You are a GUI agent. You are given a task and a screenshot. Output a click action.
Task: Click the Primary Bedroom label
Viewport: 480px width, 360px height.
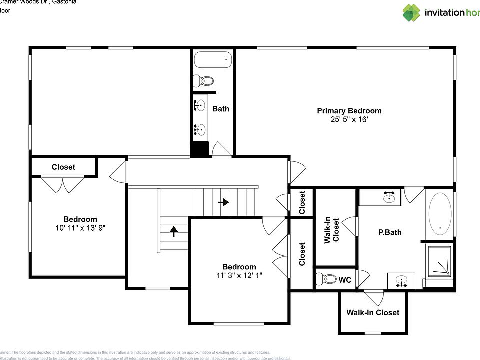click(349, 111)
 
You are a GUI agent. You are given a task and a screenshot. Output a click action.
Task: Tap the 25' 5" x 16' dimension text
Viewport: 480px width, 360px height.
click(349, 120)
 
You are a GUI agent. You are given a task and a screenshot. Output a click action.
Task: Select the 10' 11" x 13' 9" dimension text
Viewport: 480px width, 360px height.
click(80, 228)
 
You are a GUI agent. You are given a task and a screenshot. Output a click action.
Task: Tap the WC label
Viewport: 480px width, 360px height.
click(345, 280)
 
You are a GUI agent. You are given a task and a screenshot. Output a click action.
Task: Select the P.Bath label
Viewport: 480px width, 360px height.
click(389, 232)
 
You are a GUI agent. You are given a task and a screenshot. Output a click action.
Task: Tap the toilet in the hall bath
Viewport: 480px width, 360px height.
click(204, 80)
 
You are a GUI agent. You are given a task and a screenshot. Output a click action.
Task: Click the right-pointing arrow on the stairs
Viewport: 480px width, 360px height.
click(223, 202)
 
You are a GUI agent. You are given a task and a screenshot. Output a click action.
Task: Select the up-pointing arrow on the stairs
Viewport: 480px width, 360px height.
click(173, 231)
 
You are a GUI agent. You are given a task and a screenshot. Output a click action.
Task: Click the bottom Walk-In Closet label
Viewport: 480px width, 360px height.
click(373, 313)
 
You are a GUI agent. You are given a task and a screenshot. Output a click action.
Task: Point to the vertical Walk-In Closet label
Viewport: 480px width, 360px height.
click(331, 230)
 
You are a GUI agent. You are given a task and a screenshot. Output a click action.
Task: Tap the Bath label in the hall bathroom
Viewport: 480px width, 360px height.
click(220, 108)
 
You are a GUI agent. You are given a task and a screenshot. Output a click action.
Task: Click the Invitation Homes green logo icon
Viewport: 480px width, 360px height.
click(411, 13)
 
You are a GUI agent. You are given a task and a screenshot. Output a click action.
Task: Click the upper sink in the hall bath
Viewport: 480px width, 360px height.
click(200, 105)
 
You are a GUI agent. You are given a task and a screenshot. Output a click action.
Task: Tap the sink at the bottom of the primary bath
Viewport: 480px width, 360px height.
click(400, 281)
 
